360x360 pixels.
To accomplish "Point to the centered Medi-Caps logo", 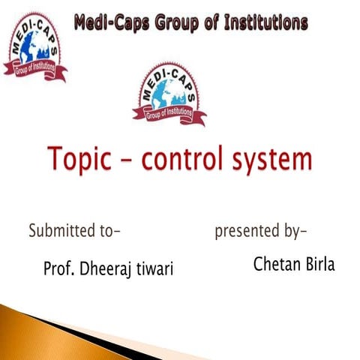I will click(x=168, y=93).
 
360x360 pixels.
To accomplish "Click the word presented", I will click(x=247, y=232).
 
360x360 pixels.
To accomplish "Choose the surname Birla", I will click(x=318, y=263).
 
